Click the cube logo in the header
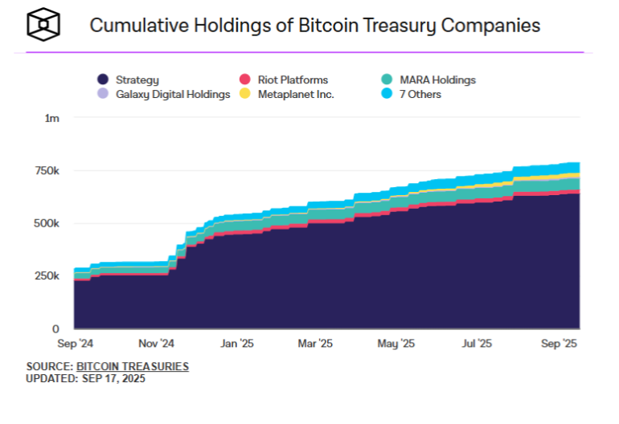point(43,25)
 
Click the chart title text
point(314,25)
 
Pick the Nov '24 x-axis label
point(156,343)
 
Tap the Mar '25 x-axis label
point(315,343)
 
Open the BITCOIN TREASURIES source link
point(133,366)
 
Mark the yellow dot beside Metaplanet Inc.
point(246,94)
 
